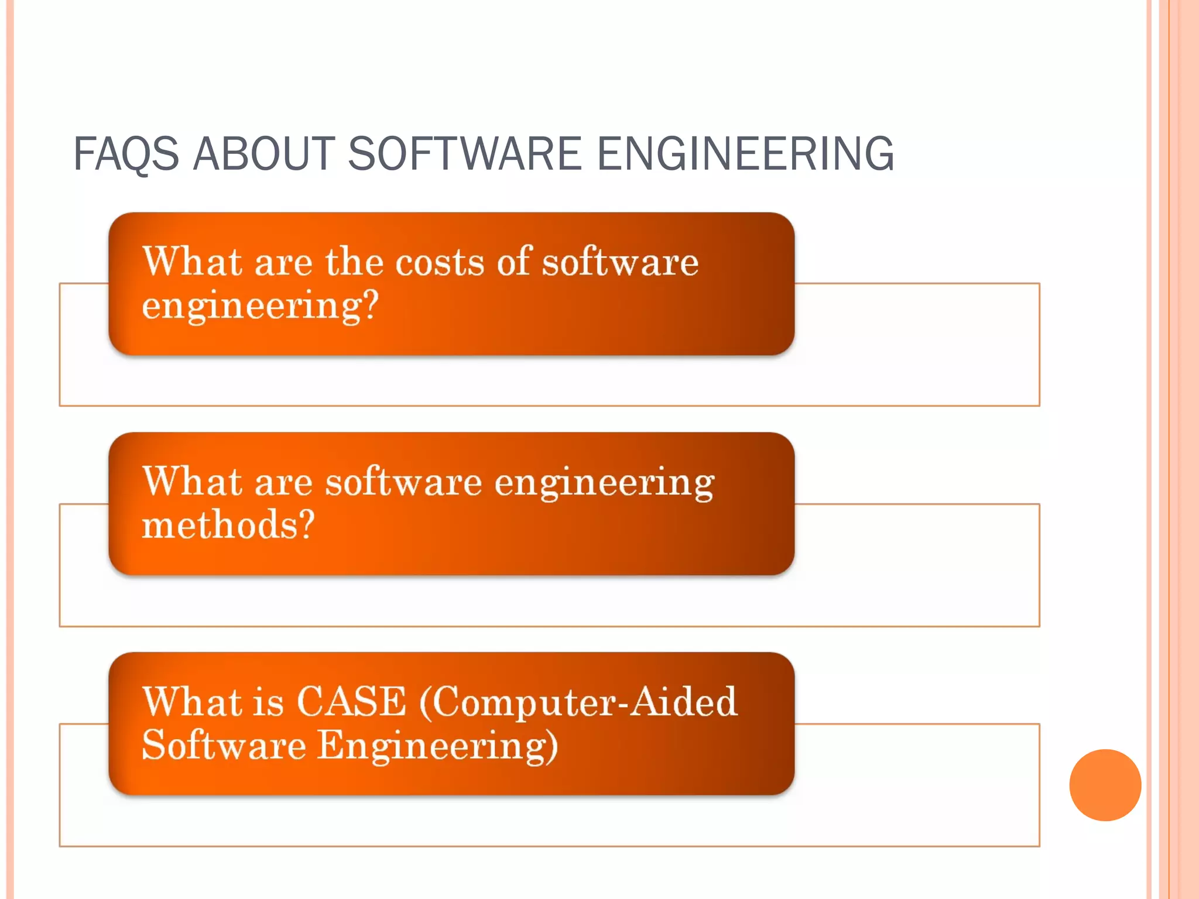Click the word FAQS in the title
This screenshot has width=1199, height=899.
click(126, 153)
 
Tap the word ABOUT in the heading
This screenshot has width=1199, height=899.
click(263, 153)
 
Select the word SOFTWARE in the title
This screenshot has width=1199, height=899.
click(465, 153)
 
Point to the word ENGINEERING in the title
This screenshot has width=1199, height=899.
click(745, 153)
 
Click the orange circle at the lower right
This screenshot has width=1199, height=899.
click(1105, 785)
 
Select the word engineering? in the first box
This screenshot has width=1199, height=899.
click(261, 306)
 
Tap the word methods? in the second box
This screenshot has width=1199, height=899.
click(228, 524)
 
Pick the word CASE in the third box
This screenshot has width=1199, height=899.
click(351, 701)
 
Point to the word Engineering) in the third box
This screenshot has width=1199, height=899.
click(437, 746)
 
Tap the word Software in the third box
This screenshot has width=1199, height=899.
click(224, 745)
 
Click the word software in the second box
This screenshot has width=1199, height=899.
click(403, 482)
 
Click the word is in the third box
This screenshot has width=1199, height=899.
click(269, 701)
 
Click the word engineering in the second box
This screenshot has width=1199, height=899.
click(604, 483)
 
